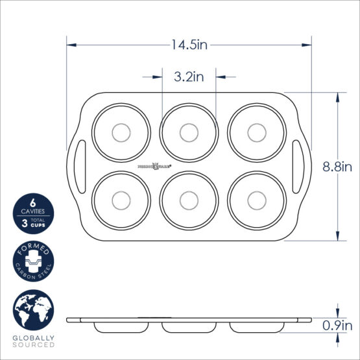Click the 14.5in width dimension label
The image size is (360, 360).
189,45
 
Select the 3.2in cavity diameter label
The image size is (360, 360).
189,77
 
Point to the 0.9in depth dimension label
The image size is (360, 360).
337,326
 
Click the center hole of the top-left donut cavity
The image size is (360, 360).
121,132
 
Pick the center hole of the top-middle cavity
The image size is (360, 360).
189,132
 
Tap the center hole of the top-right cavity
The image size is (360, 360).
256,132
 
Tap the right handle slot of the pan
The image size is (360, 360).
298,166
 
